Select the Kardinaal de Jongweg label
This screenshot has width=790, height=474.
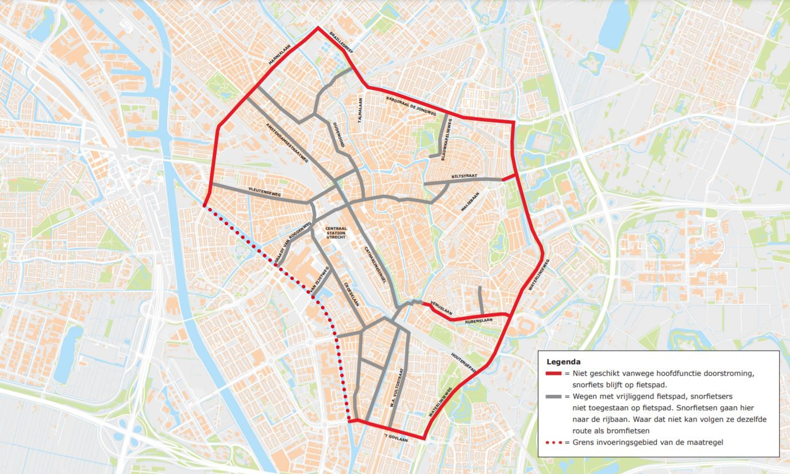point(411,107)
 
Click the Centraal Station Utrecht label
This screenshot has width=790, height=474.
point(336,233)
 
